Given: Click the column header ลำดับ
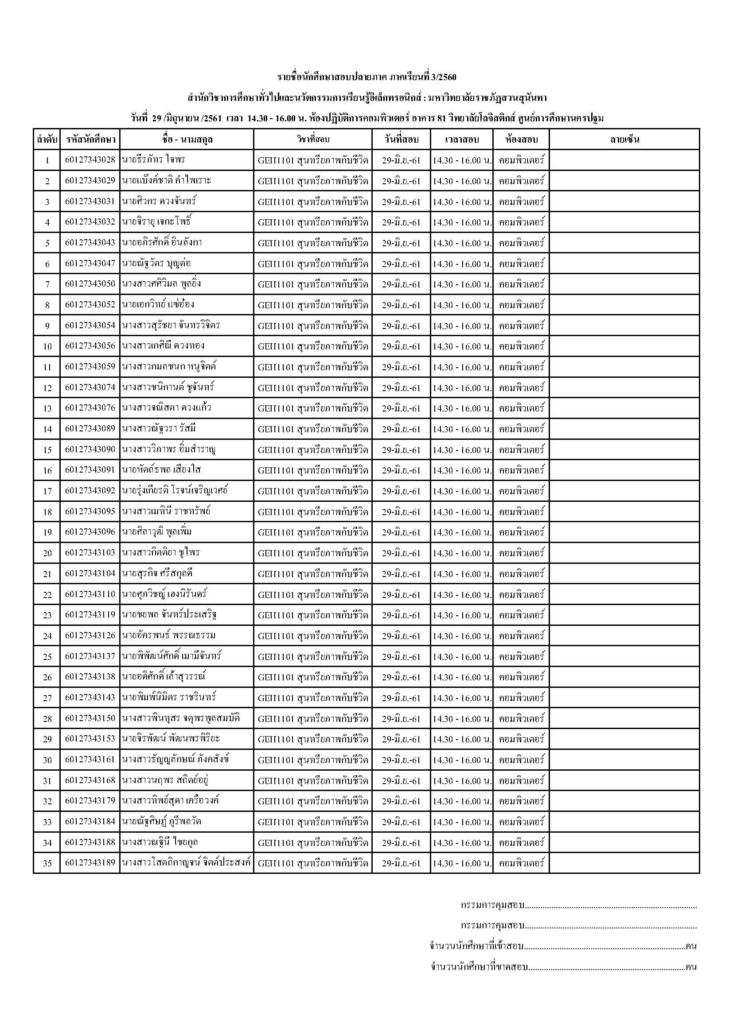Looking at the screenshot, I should click(47, 140).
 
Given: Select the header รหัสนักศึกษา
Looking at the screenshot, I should click(90, 140).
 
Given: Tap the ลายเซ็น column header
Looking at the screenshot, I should click(624, 140).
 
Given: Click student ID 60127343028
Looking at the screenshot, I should click(90, 160).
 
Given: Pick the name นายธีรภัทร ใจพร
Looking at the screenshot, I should click(153, 160).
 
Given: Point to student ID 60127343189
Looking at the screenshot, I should click(90, 863).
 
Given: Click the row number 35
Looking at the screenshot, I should click(47, 864).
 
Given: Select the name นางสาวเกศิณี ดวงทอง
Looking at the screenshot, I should click(163, 346).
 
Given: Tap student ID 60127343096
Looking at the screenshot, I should click(90, 532).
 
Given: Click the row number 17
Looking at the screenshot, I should click(47, 491).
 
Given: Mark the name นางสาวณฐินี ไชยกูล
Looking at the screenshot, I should click(160, 842).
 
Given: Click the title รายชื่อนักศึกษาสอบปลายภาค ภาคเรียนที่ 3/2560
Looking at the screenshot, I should click(366, 77).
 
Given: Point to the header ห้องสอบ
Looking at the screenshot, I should click(521, 140).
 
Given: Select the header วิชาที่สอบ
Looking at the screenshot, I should click(313, 140).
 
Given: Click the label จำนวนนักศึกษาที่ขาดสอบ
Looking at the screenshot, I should click(480, 967).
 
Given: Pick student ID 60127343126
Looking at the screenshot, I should click(90, 636).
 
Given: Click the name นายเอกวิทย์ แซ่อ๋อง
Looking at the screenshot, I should click(158, 305).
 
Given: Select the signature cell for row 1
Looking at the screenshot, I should click(624, 160).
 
